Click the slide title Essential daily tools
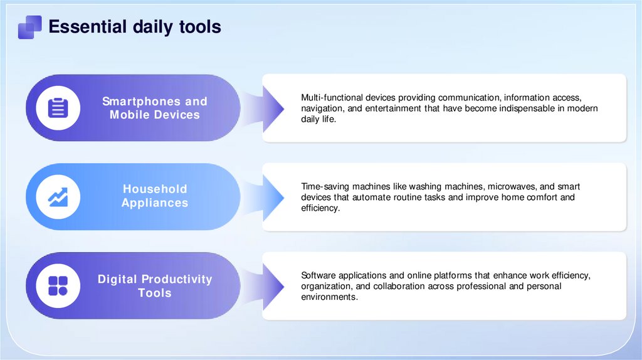point(134,27)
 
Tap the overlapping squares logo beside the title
point(29,27)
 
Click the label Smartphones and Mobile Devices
point(155,108)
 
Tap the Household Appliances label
point(155,196)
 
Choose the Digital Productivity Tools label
point(155,286)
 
